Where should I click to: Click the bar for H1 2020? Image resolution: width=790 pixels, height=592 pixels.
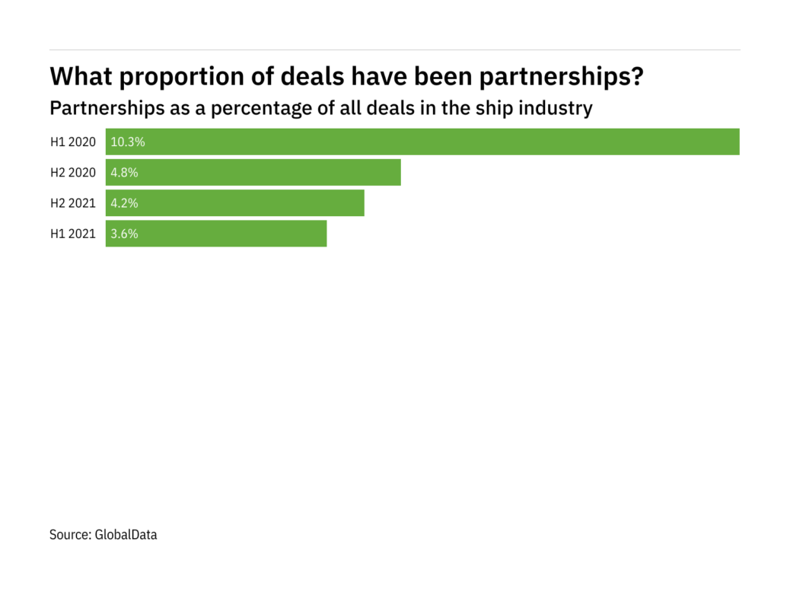point(422,142)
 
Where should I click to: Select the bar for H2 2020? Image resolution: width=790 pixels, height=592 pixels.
point(253,173)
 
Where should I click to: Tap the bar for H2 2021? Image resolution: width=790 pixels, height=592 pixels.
point(234,203)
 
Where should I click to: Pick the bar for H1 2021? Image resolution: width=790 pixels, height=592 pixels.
point(216,234)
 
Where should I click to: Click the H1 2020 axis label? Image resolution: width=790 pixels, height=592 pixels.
point(73,142)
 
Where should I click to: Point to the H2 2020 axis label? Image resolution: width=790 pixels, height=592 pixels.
point(73,173)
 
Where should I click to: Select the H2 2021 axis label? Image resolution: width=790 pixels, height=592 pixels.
point(73,203)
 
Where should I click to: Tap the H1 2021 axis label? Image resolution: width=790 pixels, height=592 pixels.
point(73,234)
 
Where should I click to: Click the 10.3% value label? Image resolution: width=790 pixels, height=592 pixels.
point(128,142)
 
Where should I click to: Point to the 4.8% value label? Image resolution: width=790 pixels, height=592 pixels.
point(125,173)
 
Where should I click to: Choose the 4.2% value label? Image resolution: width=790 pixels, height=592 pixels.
point(125,203)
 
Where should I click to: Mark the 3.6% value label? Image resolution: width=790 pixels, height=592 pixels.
point(125,234)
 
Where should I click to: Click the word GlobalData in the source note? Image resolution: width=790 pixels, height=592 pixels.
point(126,535)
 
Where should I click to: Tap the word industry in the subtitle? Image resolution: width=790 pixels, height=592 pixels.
point(555,108)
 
